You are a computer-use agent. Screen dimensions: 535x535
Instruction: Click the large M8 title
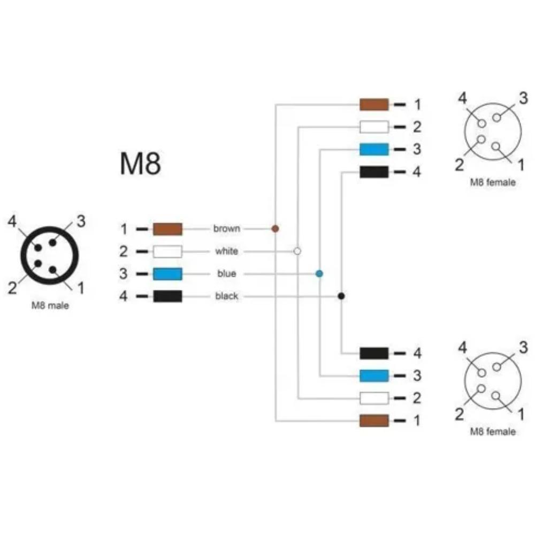[x=140, y=164]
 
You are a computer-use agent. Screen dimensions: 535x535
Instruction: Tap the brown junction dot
[x=275, y=228]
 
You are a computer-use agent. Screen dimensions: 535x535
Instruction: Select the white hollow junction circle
[x=297, y=251]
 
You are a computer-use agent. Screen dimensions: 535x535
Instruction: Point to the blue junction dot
[x=319, y=273]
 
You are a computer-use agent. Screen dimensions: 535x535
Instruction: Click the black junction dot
[x=341, y=296]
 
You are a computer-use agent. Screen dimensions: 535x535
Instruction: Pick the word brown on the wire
[x=226, y=228]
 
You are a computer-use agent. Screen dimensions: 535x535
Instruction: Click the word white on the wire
[x=226, y=251]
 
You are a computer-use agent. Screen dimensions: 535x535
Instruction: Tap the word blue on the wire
[x=227, y=273]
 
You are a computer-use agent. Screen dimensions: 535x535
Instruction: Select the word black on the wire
[x=226, y=296]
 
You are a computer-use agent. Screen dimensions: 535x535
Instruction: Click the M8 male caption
[x=50, y=305]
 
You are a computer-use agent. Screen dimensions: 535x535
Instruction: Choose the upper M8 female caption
[x=493, y=182]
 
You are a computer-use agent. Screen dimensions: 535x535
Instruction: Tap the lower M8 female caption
[x=493, y=432]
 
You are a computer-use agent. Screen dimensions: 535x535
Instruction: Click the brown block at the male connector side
[x=167, y=229]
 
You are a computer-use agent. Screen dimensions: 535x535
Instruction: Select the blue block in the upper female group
[x=374, y=149]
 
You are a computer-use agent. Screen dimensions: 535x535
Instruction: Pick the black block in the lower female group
[x=374, y=353]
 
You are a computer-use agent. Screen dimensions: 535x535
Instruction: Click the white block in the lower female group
[x=374, y=398]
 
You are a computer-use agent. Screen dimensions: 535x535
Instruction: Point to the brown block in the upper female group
[x=374, y=104]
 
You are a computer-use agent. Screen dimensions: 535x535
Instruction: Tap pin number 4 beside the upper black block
[x=417, y=172]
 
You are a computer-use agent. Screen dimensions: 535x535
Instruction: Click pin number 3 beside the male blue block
[x=123, y=273]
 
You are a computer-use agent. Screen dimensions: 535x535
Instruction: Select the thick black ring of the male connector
[x=50, y=228]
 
